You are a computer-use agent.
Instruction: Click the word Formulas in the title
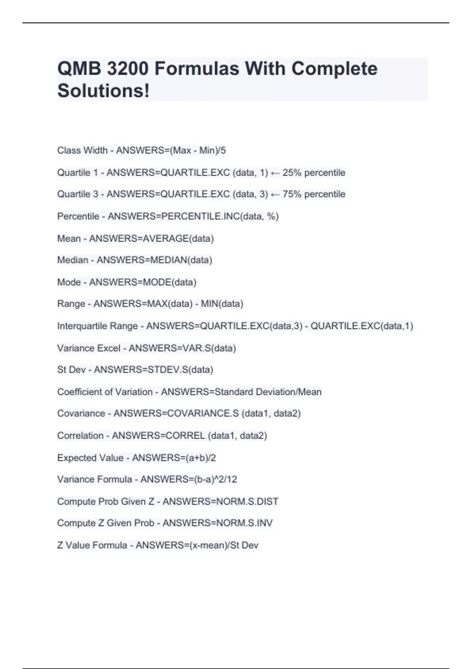click(196, 69)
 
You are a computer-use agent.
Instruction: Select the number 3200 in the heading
click(128, 69)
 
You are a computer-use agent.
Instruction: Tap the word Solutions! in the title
click(103, 91)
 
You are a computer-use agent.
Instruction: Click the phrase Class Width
click(82, 150)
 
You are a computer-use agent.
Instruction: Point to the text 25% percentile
click(313, 172)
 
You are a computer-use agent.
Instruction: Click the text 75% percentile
click(313, 194)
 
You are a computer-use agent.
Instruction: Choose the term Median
click(73, 260)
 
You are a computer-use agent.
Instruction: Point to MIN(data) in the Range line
click(222, 304)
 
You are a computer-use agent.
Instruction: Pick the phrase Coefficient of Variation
click(105, 392)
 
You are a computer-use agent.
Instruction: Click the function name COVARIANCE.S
click(203, 414)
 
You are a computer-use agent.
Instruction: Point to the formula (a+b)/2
click(201, 458)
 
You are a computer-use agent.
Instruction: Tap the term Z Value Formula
click(92, 545)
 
